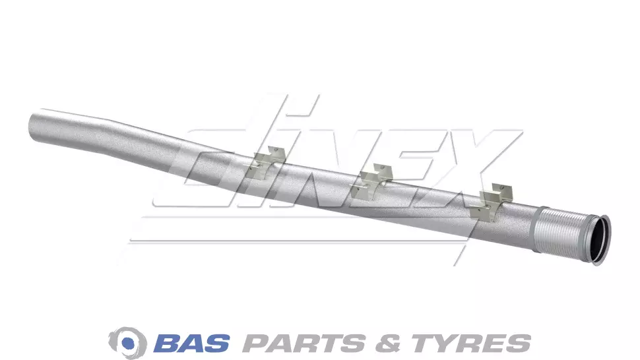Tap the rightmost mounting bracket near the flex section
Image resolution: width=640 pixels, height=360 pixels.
point(491,202)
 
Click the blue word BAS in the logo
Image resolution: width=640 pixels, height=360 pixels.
point(191,343)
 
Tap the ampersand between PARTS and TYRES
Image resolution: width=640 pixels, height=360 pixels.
point(388,344)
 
